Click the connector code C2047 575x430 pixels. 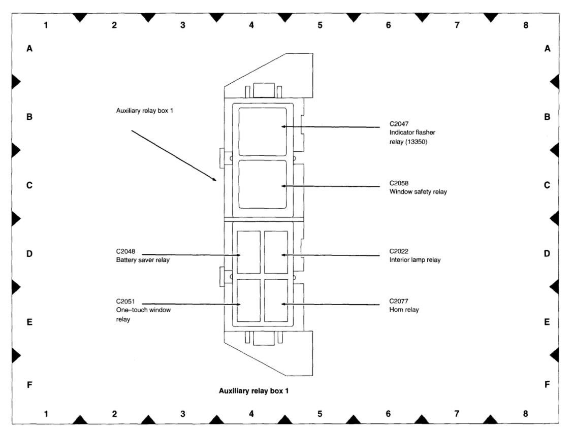tap(399, 123)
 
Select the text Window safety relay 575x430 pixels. tap(418, 192)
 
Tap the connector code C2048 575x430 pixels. tap(125, 251)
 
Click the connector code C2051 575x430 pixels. tap(125, 301)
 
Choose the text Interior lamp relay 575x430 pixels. tap(415, 260)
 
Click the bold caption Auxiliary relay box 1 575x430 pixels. tap(254, 391)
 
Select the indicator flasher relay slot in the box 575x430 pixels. tap(262, 131)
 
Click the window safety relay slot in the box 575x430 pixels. tap(262, 184)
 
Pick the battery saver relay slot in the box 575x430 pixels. tap(248, 252)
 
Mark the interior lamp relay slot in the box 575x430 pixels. tap(276, 252)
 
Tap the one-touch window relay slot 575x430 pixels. tap(248, 300)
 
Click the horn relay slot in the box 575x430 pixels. tap(276, 300)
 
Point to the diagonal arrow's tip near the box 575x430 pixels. tap(217, 180)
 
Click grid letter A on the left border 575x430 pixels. tap(29, 49)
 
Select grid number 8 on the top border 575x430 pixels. tap(525, 25)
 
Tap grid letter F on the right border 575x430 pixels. tap(547, 385)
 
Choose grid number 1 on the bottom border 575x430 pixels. tap(46, 414)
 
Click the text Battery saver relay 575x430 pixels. tap(142, 260)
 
